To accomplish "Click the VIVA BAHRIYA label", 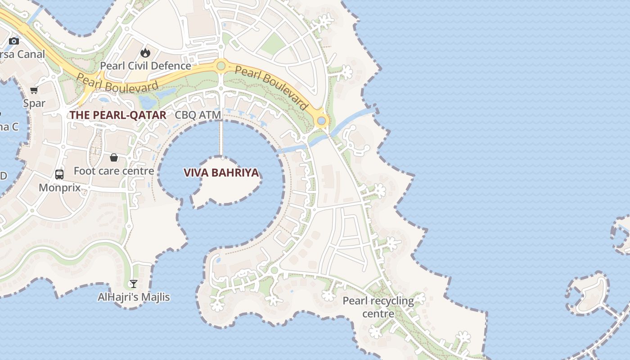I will tap(221, 173).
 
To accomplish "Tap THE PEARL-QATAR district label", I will tap(117, 115).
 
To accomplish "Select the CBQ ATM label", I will tap(198, 115).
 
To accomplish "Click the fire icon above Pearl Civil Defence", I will tap(145, 53).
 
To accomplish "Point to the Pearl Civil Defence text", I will tap(145, 66).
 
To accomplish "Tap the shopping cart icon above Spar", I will tap(34, 90).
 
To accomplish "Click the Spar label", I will tap(34, 103).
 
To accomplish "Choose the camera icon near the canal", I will tap(14, 41).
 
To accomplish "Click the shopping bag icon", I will tap(114, 157).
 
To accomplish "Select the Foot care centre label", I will tap(114, 171).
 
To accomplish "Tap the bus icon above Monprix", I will tap(59, 174).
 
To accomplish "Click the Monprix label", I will tap(59, 187).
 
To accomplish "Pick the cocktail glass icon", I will tap(133, 283).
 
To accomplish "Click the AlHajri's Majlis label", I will tap(134, 297).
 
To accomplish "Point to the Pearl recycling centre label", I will tap(378, 307).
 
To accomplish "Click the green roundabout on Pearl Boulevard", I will tap(220, 66).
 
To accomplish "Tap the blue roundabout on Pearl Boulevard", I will tap(321, 121).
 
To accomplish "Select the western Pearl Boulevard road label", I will tap(117, 84).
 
